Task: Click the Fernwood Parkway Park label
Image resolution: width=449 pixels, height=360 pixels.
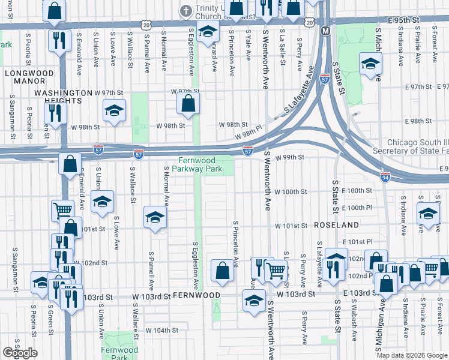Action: [x=200, y=164]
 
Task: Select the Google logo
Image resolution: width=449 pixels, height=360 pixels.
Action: [x=20, y=353]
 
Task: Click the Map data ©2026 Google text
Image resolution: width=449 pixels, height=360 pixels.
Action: [x=412, y=355]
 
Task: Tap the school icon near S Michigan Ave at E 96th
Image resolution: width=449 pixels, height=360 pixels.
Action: [x=370, y=64]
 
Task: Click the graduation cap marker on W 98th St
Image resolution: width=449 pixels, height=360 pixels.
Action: [x=113, y=110]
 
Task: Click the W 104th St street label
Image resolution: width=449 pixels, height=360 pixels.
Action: [x=162, y=330]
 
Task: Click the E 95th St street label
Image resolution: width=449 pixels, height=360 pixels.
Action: [x=402, y=20]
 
